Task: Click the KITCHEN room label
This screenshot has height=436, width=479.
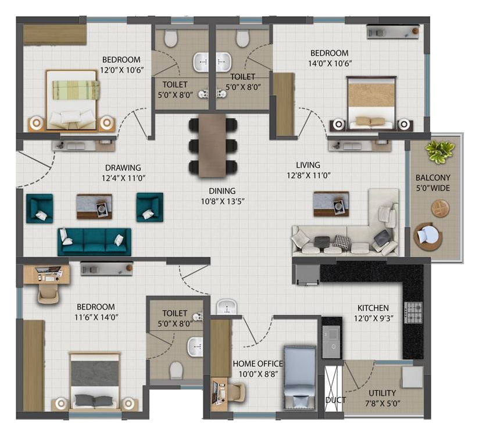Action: (373, 308)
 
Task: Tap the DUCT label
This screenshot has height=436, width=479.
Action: (335, 400)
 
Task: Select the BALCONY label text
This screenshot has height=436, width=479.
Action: (433, 178)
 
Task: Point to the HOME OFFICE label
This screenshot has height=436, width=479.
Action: (258, 363)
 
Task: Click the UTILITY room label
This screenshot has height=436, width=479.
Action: (382, 393)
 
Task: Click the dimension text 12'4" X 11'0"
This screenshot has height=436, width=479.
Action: (123, 178)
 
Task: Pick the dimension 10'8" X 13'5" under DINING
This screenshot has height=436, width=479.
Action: (223, 201)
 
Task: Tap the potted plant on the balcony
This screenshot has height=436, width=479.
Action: (440, 151)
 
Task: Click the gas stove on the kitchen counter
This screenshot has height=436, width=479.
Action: (413, 312)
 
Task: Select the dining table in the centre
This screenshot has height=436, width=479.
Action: (212, 146)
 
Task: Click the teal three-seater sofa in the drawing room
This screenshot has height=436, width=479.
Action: (94, 242)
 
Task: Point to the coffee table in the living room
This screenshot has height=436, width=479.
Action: (331, 204)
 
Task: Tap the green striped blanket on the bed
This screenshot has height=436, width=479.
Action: (76, 90)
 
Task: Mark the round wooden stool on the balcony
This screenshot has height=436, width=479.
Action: (440, 208)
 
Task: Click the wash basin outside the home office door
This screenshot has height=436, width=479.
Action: (227, 307)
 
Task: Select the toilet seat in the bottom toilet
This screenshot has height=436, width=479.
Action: (176, 369)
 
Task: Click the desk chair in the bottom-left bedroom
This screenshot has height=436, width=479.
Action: (48, 295)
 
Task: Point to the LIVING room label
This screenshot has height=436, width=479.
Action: (308, 165)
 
